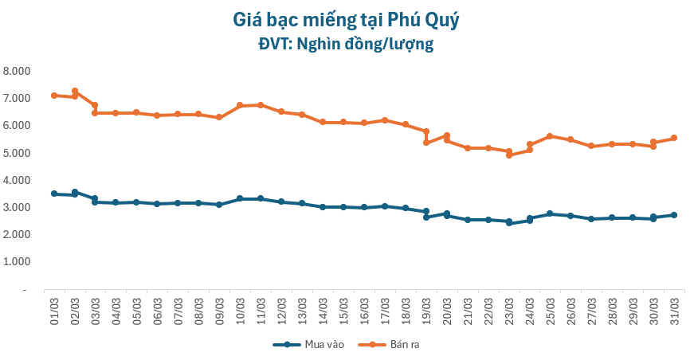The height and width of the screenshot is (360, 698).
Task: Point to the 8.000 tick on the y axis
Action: click(x=16, y=71)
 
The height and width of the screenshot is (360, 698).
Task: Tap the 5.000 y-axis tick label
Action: click(x=16, y=153)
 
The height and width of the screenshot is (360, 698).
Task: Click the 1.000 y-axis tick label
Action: click(x=16, y=262)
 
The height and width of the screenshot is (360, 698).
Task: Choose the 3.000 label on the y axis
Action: click(x=16, y=207)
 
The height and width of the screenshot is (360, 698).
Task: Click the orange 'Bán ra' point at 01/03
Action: click(x=54, y=96)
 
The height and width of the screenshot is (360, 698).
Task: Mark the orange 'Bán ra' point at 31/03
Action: click(x=674, y=138)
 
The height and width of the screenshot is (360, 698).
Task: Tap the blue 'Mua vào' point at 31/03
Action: click(x=674, y=215)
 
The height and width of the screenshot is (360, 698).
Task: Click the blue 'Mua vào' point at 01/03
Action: click(x=54, y=194)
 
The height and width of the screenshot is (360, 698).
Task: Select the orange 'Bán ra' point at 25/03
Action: click(x=550, y=136)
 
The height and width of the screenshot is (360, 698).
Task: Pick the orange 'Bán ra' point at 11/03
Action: click(x=261, y=105)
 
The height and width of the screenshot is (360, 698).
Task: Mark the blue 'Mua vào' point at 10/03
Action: click(x=240, y=198)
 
